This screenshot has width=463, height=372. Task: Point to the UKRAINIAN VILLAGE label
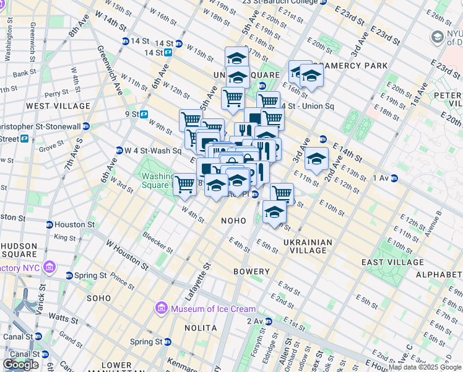(308, 246)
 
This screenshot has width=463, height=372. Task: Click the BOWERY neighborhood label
(251, 272)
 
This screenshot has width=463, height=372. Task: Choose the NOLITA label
(201, 327)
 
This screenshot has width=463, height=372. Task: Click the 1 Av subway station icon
(394, 179)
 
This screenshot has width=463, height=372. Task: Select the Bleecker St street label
(158, 242)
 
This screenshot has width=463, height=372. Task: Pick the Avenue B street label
(430, 224)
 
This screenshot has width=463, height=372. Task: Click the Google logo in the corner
(20, 365)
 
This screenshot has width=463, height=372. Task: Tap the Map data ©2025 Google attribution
(425, 367)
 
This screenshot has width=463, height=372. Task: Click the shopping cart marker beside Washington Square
(185, 184)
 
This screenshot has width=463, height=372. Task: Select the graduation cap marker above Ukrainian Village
(275, 212)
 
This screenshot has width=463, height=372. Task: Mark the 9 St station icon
(144, 114)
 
